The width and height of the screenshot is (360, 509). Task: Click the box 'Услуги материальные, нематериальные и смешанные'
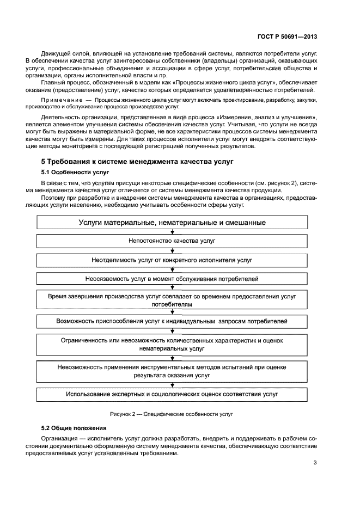coord(172,222)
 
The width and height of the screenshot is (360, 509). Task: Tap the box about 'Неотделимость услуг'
coord(172,260)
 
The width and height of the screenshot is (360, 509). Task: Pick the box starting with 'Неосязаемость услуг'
coord(172,279)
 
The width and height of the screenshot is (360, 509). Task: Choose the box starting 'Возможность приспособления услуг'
coord(172,322)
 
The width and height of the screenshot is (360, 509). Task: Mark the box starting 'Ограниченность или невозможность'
coord(172,344)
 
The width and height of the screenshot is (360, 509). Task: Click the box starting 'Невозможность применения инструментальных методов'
coord(172,371)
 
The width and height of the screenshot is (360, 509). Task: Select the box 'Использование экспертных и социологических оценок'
coord(172,394)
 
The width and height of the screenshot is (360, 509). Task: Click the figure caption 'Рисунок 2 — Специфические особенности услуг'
coord(172,414)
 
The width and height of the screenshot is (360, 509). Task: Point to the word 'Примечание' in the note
coord(59,101)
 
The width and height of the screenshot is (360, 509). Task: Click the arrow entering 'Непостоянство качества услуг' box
coord(172,232)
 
